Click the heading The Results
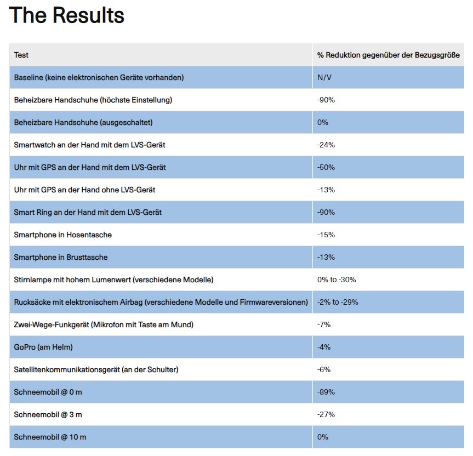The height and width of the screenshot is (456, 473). tap(67, 15)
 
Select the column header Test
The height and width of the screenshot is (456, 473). tap(21, 55)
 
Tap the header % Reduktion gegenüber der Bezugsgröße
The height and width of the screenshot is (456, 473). tap(388, 55)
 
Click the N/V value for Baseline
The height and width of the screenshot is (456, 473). tap(324, 77)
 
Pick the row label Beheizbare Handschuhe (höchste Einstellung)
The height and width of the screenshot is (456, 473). tap(93, 100)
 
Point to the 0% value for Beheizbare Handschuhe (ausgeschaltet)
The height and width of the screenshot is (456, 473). tap(323, 122)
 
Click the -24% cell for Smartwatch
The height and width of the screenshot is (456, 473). tap(326, 145)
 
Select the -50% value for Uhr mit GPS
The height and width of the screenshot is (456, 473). tap(326, 167)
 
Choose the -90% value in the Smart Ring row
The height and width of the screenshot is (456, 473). tap(326, 212)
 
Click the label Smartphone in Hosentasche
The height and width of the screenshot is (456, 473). tap(63, 235)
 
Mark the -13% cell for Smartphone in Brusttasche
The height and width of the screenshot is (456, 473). tap(326, 257)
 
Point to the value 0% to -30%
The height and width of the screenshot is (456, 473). tap(337, 280)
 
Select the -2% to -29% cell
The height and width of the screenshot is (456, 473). tap(338, 302)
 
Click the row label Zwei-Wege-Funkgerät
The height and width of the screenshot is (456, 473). tap(104, 324)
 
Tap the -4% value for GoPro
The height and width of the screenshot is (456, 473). tap(324, 347)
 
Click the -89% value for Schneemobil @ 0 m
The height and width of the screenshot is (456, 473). tap(326, 392)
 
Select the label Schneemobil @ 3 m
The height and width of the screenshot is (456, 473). tap(48, 414)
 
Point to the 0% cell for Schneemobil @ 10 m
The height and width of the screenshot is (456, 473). tap(323, 437)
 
